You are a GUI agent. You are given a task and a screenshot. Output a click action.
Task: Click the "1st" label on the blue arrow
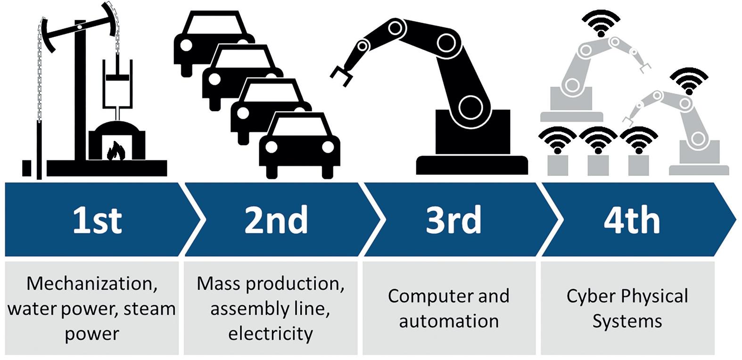97,220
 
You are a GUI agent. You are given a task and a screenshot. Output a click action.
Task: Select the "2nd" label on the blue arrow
276,220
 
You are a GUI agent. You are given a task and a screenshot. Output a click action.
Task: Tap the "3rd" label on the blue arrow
453,220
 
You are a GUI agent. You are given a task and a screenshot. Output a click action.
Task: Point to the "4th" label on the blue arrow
632,220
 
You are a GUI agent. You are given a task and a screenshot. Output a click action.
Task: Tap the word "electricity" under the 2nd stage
271,334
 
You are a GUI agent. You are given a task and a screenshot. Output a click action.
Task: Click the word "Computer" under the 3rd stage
420,296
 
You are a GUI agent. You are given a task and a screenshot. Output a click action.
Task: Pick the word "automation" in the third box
449,321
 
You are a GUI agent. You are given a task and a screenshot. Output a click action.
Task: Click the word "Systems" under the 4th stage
627,321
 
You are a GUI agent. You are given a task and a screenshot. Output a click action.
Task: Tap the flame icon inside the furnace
116,152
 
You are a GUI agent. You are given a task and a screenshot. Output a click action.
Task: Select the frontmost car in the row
300,146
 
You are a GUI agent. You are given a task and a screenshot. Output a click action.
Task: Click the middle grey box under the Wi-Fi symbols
598,165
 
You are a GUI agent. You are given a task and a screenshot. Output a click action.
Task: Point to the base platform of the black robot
471,165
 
